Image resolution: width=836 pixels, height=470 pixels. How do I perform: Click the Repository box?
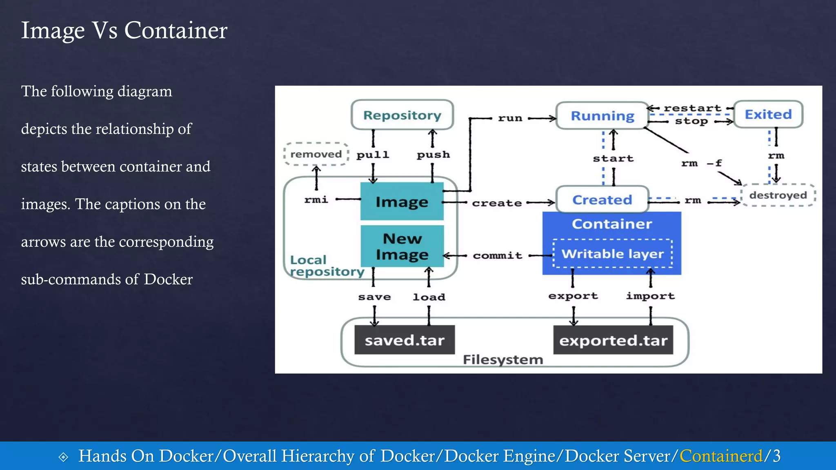(x=402, y=115)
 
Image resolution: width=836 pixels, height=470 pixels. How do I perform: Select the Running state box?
(x=602, y=116)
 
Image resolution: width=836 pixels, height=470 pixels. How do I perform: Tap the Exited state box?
(x=768, y=114)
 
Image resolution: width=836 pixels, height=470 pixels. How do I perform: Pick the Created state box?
(x=602, y=200)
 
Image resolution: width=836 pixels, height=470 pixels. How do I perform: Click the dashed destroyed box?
(x=778, y=195)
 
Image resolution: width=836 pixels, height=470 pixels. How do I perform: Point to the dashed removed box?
(x=316, y=154)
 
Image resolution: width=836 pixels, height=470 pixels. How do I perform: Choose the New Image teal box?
(x=402, y=246)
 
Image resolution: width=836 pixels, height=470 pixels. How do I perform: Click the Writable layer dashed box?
(x=612, y=254)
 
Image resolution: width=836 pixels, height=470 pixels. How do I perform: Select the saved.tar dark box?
(x=404, y=340)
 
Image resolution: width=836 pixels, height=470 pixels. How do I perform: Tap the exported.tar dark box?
(x=613, y=340)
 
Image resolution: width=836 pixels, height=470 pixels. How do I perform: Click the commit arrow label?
(x=497, y=255)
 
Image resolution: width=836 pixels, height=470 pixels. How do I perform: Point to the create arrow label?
(x=497, y=203)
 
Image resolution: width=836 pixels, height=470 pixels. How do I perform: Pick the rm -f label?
(x=701, y=163)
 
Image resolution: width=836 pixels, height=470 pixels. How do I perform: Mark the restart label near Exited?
(x=692, y=108)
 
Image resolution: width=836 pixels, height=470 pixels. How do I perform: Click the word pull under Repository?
(x=373, y=155)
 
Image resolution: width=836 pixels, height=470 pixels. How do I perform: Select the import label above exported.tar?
(x=650, y=296)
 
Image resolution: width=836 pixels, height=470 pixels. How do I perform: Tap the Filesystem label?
(x=503, y=359)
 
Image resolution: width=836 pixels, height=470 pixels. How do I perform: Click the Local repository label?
(x=327, y=266)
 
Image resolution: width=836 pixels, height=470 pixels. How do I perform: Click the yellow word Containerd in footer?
(x=721, y=456)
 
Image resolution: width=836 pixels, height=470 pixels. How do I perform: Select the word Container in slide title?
(x=176, y=30)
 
